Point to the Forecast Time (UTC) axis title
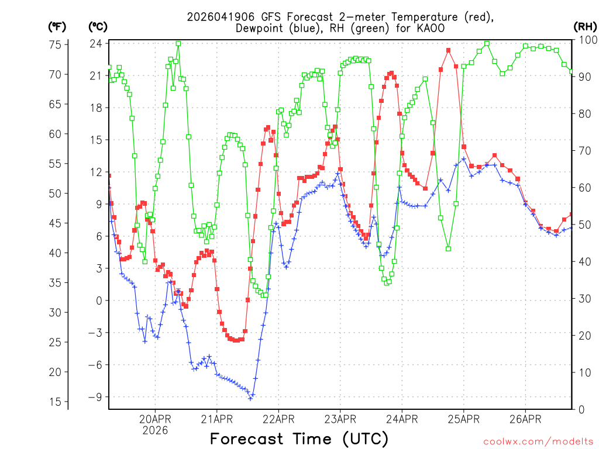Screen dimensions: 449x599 click(299, 438)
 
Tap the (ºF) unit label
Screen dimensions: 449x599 click(57, 26)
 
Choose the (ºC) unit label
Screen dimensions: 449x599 click(98, 26)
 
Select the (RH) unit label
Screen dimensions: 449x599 click(585, 26)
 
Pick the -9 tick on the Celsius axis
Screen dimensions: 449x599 click(96, 397)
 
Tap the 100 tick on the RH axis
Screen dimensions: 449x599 click(586, 40)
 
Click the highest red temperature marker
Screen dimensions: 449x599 click(448, 50)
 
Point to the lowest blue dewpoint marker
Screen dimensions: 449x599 click(250, 399)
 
